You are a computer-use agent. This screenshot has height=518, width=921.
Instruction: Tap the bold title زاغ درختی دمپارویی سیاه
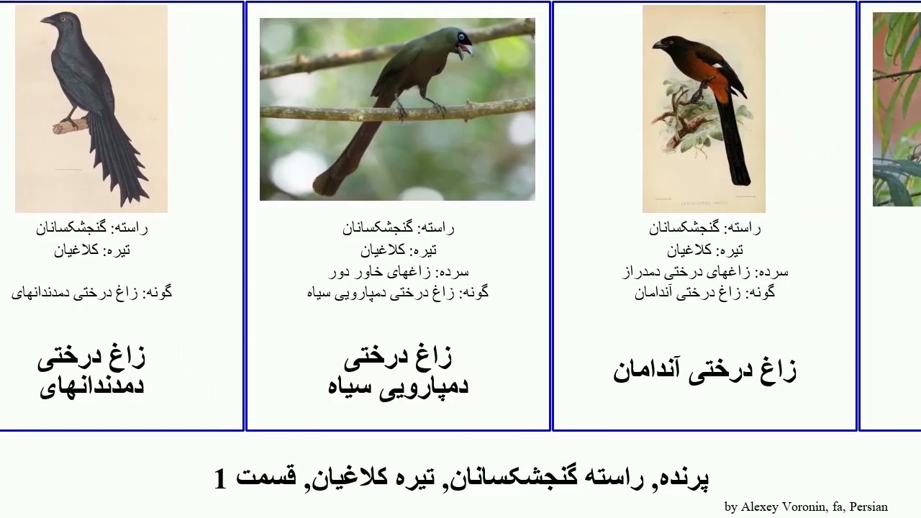(x=398, y=371)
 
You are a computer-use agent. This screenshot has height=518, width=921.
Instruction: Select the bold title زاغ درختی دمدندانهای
(x=91, y=371)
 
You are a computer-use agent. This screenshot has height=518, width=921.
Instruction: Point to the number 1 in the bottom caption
(x=221, y=479)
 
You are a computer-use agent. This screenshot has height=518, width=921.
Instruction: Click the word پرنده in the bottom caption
(x=684, y=478)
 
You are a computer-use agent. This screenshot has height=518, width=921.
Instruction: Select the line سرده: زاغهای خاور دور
(x=399, y=272)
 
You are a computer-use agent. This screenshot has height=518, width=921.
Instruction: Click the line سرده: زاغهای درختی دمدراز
(x=705, y=272)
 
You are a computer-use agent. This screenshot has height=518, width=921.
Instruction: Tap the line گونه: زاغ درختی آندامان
(x=705, y=293)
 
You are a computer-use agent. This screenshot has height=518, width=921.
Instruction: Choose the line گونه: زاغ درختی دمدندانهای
(x=91, y=293)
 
